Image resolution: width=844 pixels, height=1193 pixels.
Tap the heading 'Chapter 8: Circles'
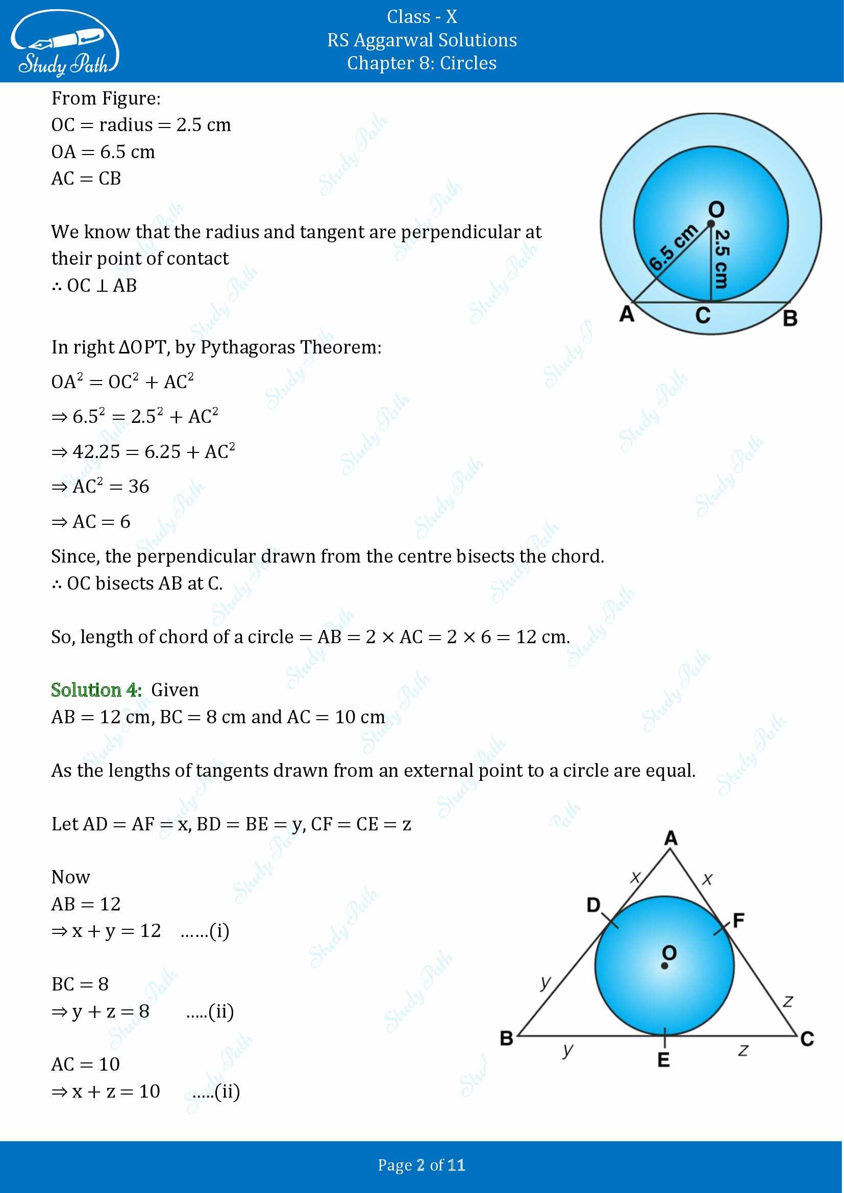pos(421,63)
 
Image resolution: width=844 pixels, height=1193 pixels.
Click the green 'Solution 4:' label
pos(96,690)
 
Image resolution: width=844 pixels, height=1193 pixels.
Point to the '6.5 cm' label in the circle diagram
pos(673,248)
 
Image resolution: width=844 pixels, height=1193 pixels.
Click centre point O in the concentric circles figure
pos(710,224)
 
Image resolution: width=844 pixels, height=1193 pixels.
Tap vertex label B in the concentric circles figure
pos(790,318)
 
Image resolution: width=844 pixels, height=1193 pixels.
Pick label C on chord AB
pos(703,315)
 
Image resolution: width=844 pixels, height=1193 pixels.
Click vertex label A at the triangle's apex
pos(671,838)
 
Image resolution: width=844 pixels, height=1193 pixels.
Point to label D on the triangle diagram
pos(593,905)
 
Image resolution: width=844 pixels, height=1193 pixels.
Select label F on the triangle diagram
pos(738,920)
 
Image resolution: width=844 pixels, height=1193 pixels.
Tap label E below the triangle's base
pos(664,1059)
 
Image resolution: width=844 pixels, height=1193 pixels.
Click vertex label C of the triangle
pos(807,1038)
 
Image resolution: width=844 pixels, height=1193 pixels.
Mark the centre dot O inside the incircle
pos(664,966)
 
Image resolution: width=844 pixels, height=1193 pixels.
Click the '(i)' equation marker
pos(219,931)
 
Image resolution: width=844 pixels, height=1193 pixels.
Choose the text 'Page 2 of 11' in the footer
pos(421,1165)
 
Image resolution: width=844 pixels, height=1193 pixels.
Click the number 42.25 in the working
pos(96,451)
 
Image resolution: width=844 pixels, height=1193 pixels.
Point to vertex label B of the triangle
pos(506,1038)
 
